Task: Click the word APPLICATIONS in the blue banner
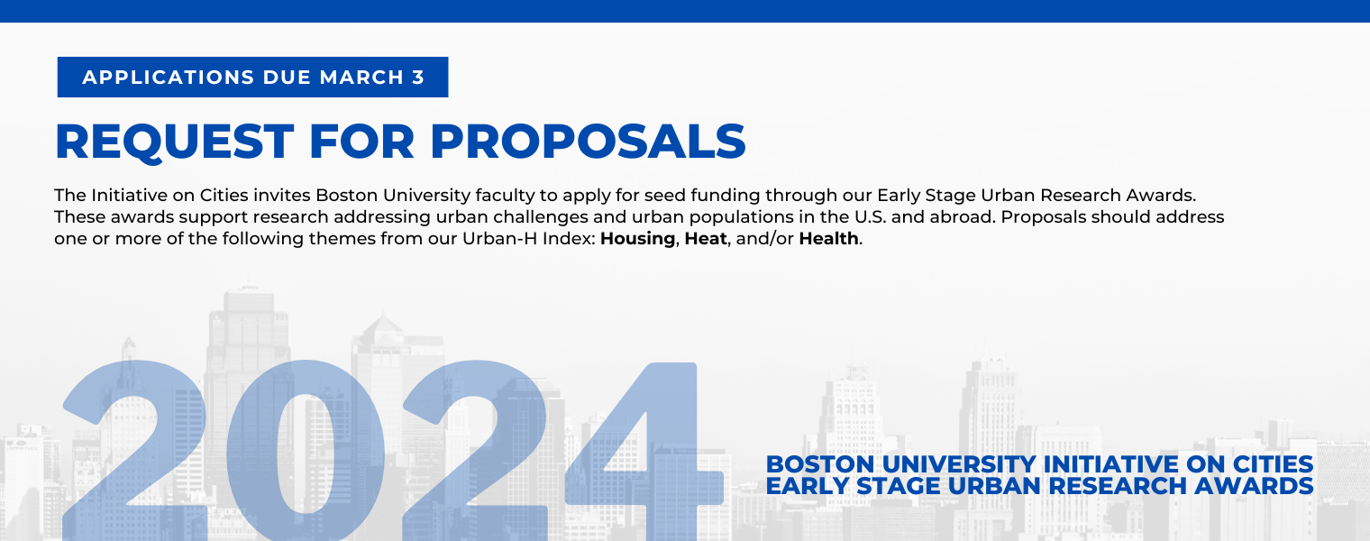pyautogui.click(x=169, y=78)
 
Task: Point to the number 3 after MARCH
pyautogui.click(x=418, y=78)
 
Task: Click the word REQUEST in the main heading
pyautogui.click(x=175, y=142)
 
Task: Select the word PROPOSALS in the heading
pyautogui.click(x=588, y=142)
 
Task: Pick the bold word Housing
pyautogui.click(x=637, y=239)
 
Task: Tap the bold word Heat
pyautogui.click(x=706, y=238)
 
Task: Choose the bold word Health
pyautogui.click(x=828, y=238)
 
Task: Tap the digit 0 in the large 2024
pyautogui.click(x=306, y=451)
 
